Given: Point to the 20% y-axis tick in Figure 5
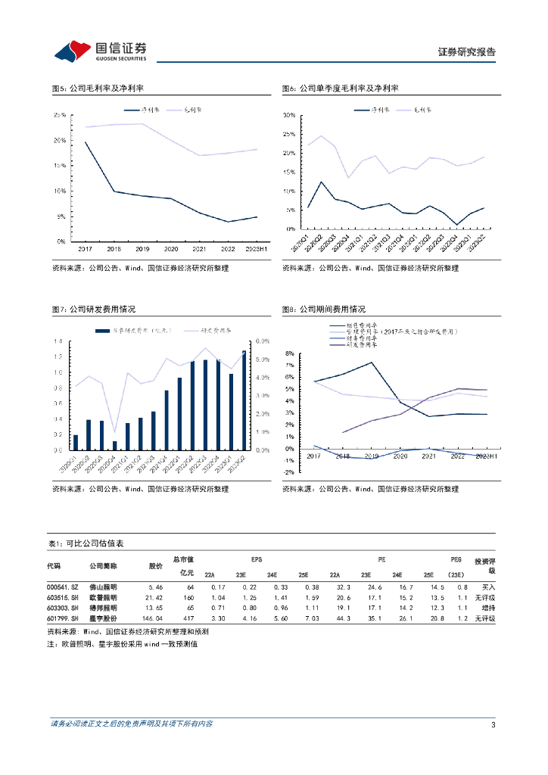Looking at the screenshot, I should coord(60,141).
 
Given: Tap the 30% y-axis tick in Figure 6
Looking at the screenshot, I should coord(288,115).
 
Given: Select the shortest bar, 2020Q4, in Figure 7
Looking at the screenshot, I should coord(115,446).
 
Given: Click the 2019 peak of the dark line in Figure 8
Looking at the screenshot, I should coord(372,363).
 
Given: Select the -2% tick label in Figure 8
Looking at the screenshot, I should coord(288,472).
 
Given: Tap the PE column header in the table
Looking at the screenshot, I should coord(381,558).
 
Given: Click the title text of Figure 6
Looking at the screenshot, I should coord(340,89).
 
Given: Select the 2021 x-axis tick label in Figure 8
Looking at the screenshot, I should coord(429,456).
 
